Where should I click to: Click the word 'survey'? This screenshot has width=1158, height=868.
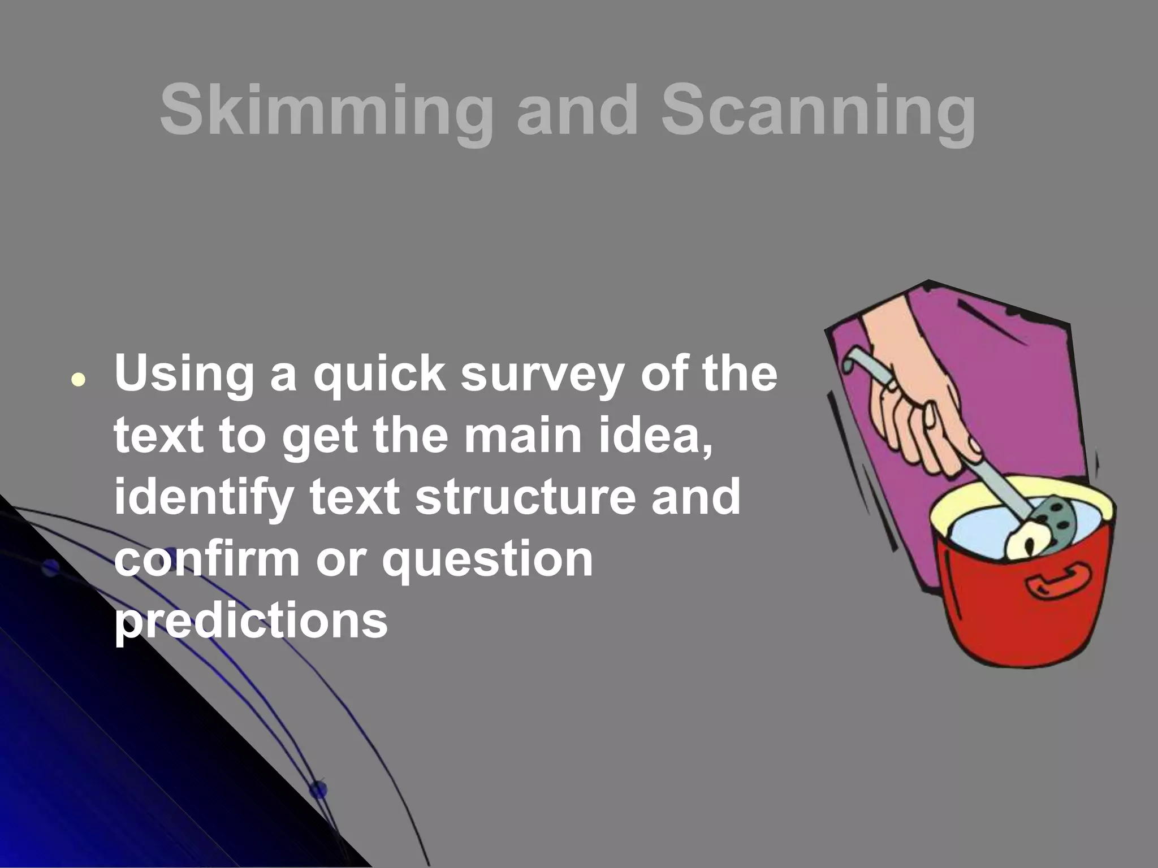[541, 376]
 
